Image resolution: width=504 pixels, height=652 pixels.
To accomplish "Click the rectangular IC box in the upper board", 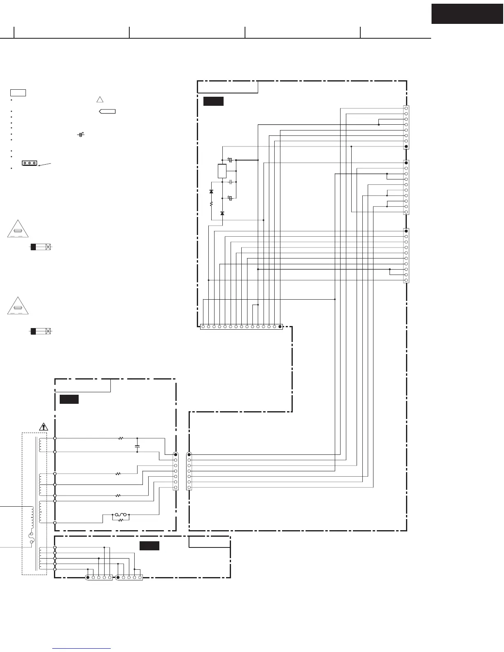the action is tap(222, 170).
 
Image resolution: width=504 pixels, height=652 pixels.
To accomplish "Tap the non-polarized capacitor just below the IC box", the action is tap(231, 182).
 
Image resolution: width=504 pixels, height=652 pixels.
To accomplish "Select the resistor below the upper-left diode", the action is tap(211, 203).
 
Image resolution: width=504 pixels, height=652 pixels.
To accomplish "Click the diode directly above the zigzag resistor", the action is tap(211, 192).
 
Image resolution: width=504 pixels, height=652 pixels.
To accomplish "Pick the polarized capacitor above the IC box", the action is tap(230, 160).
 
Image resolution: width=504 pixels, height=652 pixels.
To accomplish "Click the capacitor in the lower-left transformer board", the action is tap(137, 446).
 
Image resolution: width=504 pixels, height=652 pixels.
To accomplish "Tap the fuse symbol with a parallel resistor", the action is tap(121, 515).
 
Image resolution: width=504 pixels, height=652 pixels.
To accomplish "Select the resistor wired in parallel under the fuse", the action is tap(121, 520).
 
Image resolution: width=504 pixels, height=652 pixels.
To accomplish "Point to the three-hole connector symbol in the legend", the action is tap(30, 163).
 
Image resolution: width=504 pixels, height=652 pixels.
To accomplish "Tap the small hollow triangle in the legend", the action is tap(99, 99).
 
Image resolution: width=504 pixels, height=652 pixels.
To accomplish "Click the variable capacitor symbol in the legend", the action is tap(81, 135).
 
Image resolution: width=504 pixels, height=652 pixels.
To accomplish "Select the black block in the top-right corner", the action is tap(467, 14).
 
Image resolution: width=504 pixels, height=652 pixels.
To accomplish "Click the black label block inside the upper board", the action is tap(213, 101).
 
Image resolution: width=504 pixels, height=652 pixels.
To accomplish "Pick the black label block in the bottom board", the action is tap(149, 546).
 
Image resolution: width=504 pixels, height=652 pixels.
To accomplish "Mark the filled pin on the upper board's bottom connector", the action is tap(280, 327).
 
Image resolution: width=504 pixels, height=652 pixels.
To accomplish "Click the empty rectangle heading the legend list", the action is tap(18, 92).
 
